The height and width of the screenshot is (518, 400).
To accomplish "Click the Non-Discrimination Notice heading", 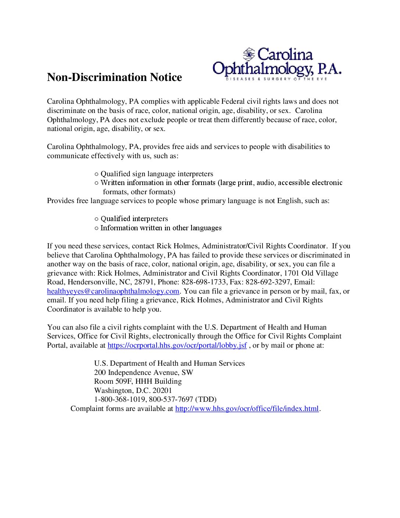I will (114, 77).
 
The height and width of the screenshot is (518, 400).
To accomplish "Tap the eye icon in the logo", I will (249, 54).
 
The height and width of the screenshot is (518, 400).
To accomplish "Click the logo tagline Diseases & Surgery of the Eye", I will (276, 79).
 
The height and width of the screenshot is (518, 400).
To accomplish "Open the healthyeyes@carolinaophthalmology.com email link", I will (113, 291).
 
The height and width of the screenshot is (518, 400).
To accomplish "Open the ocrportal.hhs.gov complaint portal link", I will (177, 345).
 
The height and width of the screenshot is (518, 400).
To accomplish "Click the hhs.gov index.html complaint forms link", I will (247, 409).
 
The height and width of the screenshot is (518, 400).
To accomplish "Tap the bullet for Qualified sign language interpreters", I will (96, 174).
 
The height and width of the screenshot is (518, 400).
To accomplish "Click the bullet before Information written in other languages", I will (96, 228).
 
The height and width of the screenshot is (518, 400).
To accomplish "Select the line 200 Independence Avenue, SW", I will (143, 373).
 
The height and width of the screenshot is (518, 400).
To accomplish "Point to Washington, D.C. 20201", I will (133, 391).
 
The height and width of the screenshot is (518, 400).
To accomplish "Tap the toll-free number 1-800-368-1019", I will (120, 400).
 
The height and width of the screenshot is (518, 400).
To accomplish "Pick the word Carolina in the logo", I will (285, 54).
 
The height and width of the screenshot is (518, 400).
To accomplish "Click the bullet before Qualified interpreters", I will (96, 219).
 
